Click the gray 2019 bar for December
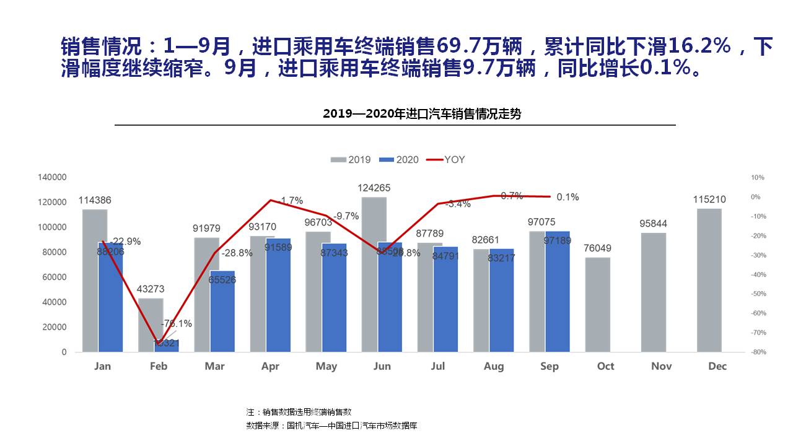click(709, 280)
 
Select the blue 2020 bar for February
click(167, 346)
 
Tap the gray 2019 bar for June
click(374, 274)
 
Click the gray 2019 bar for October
click(597, 304)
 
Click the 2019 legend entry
click(351, 160)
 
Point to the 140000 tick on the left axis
click(52, 177)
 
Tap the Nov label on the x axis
click(662, 366)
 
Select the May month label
click(326, 366)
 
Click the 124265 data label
click(374, 188)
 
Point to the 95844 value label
click(654, 224)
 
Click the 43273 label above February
click(151, 289)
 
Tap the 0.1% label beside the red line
click(567, 197)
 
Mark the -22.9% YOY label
click(125, 242)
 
